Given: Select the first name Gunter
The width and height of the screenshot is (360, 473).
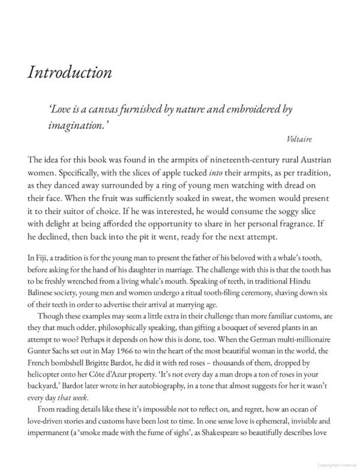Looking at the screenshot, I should [40, 361].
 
